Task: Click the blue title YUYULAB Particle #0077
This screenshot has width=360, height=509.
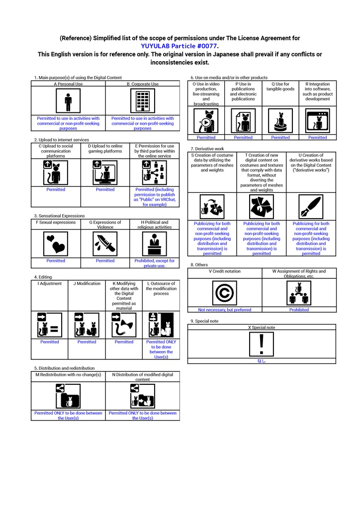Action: coord(179,46)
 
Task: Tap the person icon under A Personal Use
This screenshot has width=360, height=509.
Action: coord(68,101)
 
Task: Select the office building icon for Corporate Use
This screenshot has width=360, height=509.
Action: coord(143,101)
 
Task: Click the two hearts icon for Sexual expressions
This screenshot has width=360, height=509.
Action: coord(56,244)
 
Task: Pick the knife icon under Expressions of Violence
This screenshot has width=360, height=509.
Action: coord(105,244)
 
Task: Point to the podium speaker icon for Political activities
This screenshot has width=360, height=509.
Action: coord(155,244)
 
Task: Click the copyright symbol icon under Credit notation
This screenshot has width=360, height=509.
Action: coord(225,293)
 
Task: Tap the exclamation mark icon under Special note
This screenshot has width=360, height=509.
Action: coord(262,344)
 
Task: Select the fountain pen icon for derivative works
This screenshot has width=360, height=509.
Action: coord(311,207)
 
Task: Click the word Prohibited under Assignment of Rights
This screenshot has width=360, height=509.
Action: coord(299,310)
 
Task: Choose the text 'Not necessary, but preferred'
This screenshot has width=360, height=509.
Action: coord(225,310)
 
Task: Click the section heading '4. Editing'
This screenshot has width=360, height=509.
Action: coord(43,277)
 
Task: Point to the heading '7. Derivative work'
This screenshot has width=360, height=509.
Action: coord(207,149)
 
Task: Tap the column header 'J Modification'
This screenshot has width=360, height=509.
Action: coord(87,283)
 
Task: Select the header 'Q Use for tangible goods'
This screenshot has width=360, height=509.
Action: coord(280,86)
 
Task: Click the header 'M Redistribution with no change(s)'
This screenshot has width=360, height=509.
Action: coord(68,375)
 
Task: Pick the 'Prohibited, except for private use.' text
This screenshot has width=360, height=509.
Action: coord(155,263)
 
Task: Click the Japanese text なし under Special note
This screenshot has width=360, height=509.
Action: coord(262,361)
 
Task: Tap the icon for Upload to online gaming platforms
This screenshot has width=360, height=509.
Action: coord(105,172)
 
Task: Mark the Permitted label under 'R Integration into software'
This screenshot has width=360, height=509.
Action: coord(317,137)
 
